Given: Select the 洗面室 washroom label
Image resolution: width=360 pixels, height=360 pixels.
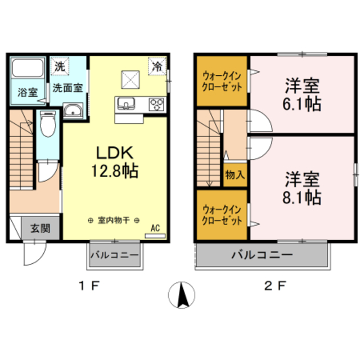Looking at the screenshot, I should click(67, 88).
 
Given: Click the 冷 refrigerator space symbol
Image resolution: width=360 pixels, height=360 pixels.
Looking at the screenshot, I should click(158, 66).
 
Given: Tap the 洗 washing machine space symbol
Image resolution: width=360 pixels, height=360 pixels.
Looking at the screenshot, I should click(60, 66).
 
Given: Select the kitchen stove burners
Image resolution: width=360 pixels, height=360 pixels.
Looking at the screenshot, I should click(156, 103).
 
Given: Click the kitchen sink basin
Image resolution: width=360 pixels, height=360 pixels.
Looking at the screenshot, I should click(125, 103).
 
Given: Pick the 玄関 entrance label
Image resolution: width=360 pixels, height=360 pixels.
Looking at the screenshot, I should click(40, 228).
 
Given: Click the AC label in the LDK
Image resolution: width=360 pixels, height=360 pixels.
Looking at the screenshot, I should click(156, 228).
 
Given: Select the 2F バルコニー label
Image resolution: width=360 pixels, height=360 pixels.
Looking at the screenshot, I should click(263, 256).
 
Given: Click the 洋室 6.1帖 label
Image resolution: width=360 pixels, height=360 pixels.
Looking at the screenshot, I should click(302, 96).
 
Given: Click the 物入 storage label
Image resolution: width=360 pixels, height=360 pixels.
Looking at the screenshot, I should click(235, 174).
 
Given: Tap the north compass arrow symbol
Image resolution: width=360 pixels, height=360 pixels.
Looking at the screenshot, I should click(182, 294).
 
